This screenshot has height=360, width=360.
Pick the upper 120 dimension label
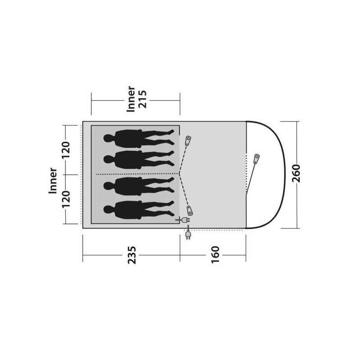(x=66, y=150)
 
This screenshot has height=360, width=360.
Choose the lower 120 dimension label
(x=66, y=198)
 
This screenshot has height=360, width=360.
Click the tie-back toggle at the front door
(x=256, y=158)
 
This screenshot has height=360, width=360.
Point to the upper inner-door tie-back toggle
(x=188, y=140)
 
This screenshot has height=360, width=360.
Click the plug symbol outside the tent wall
(x=188, y=234)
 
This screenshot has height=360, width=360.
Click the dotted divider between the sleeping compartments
(x=135, y=173)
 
